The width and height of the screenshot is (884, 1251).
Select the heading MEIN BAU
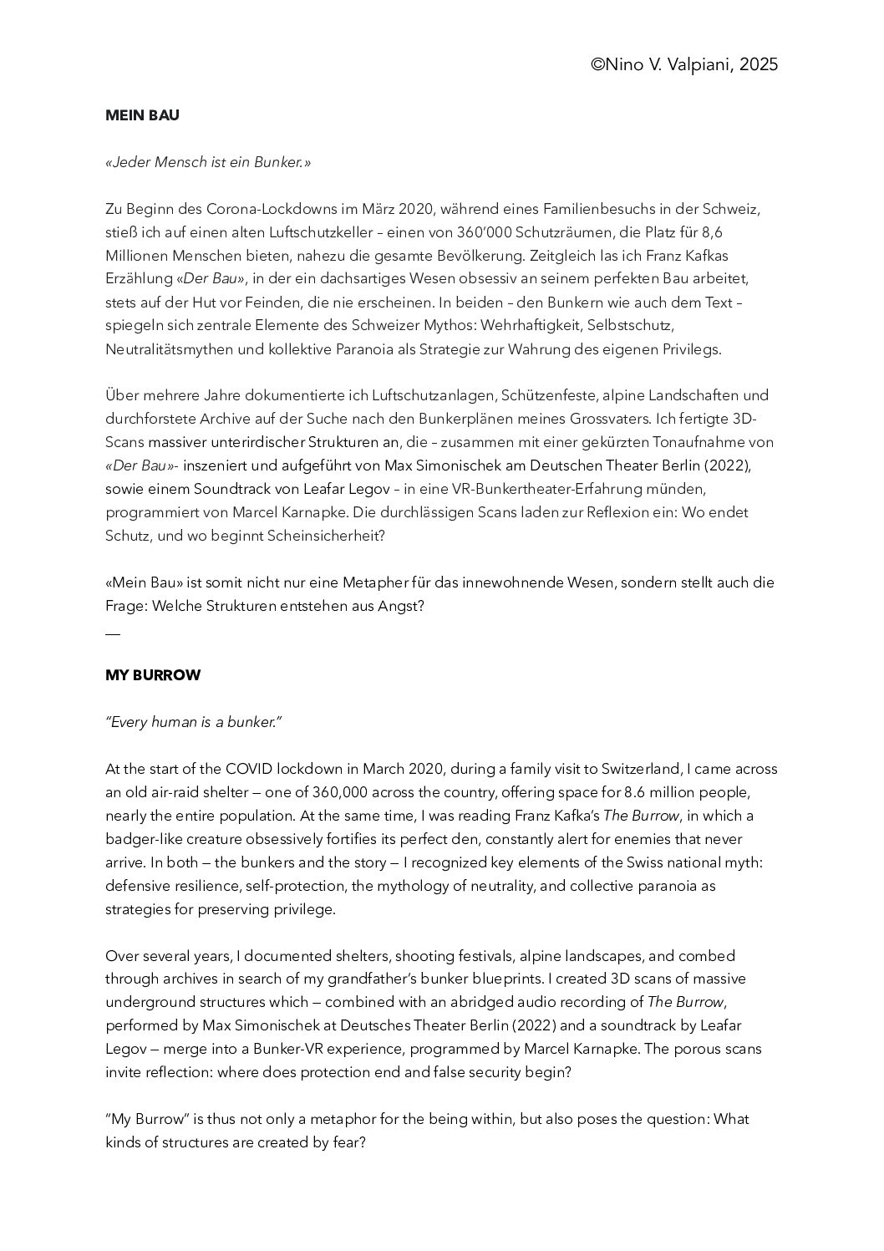(142, 115)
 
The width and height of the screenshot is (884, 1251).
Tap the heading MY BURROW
(153, 675)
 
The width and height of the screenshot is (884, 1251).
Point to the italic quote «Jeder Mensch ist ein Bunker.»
(208, 162)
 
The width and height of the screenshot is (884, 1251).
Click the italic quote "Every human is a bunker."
(193, 722)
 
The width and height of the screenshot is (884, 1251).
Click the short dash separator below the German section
(113, 633)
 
